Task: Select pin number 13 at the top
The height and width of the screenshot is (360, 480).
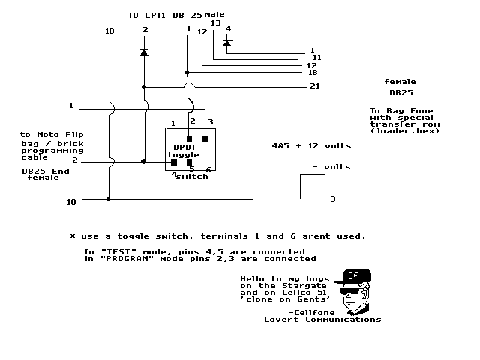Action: [x=216, y=23]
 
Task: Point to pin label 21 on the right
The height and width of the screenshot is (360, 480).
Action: [x=315, y=87]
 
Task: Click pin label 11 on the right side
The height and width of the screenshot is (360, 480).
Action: [x=316, y=57]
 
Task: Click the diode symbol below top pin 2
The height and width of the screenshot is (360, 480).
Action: [x=143, y=53]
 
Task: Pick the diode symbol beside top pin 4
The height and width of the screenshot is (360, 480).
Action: [x=227, y=43]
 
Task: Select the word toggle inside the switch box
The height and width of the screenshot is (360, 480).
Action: [x=183, y=154]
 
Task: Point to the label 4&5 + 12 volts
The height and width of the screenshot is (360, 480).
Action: [x=310, y=145]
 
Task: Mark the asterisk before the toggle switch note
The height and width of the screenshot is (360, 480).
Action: [x=73, y=235]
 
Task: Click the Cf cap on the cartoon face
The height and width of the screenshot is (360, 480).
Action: [x=353, y=275]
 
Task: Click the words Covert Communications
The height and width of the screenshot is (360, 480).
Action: [x=322, y=319]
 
